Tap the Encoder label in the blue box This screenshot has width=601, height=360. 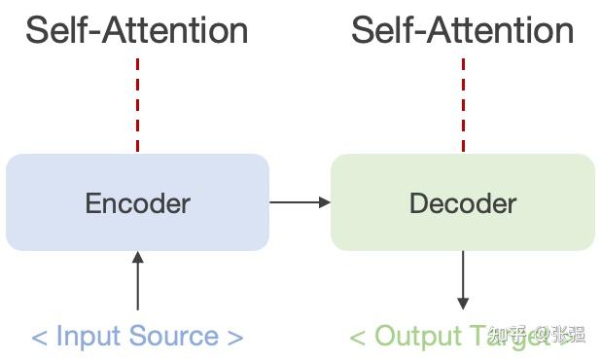point(137,203)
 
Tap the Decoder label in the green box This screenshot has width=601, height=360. point(463,203)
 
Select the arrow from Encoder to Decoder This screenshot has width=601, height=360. point(300,202)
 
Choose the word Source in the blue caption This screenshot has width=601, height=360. point(171,337)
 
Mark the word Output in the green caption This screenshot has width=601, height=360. point(412,337)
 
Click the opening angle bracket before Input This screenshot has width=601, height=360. point(39,338)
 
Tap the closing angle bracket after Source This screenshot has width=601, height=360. point(234,338)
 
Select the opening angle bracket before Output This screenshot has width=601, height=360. point(357,338)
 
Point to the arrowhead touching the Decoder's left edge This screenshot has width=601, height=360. point(325,202)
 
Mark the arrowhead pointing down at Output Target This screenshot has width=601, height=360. point(463,304)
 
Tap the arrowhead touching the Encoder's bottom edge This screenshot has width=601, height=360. point(137,257)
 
